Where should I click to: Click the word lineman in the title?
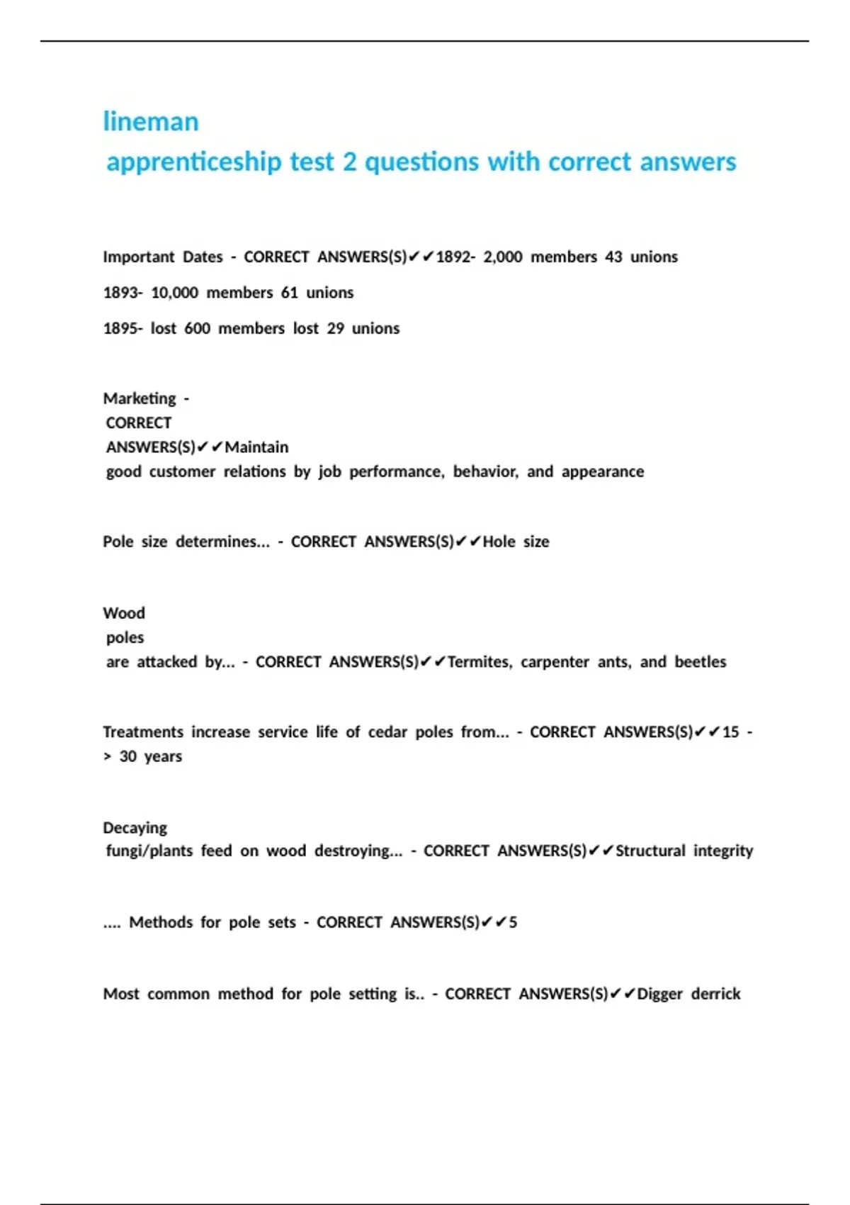[x=151, y=122]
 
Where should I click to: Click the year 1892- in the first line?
[x=455, y=257]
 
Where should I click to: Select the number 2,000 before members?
[x=503, y=257]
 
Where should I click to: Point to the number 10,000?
[x=174, y=293]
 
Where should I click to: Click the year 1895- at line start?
[x=123, y=329]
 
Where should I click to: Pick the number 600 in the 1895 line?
[x=197, y=329]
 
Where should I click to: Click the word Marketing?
[x=140, y=398]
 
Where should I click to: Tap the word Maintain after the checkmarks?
[x=256, y=447]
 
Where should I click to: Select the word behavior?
[x=485, y=472]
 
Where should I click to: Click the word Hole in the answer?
[x=499, y=542]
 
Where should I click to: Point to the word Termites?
[x=480, y=662]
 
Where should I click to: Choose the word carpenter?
[x=555, y=662]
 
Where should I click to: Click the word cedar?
[x=387, y=732]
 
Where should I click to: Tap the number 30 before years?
[x=128, y=757]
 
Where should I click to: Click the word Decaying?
[x=135, y=828]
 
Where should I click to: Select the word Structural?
[x=650, y=851]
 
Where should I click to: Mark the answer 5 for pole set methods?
[x=513, y=922]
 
